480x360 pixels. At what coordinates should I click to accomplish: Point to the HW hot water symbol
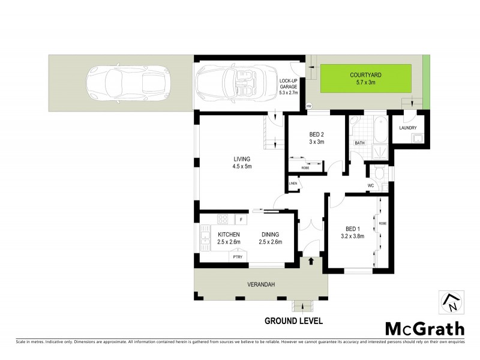tap(310, 106)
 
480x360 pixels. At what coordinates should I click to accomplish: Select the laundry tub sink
tap(416, 139)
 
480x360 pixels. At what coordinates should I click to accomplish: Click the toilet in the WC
tap(378, 173)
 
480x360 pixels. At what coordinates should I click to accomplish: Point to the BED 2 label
tap(316, 134)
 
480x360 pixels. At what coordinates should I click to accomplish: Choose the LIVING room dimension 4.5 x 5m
tap(242, 167)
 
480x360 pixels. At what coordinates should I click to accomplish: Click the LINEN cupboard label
tap(293, 183)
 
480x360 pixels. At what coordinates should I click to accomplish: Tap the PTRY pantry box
tap(238, 256)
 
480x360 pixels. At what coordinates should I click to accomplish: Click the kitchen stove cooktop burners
tap(223, 219)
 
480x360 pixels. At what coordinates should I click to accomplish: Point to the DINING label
tap(271, 234)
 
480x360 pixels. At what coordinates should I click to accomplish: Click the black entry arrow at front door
tap(311, 260)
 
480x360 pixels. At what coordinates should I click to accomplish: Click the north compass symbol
tap(451, 303)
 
